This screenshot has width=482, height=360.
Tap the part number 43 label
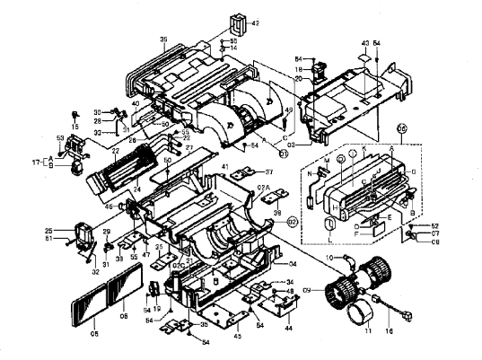pos(365,42)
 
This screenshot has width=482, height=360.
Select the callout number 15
pos(75,127)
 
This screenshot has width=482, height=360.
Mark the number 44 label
pos(289,330)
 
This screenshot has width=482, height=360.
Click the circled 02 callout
pos(292,219)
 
